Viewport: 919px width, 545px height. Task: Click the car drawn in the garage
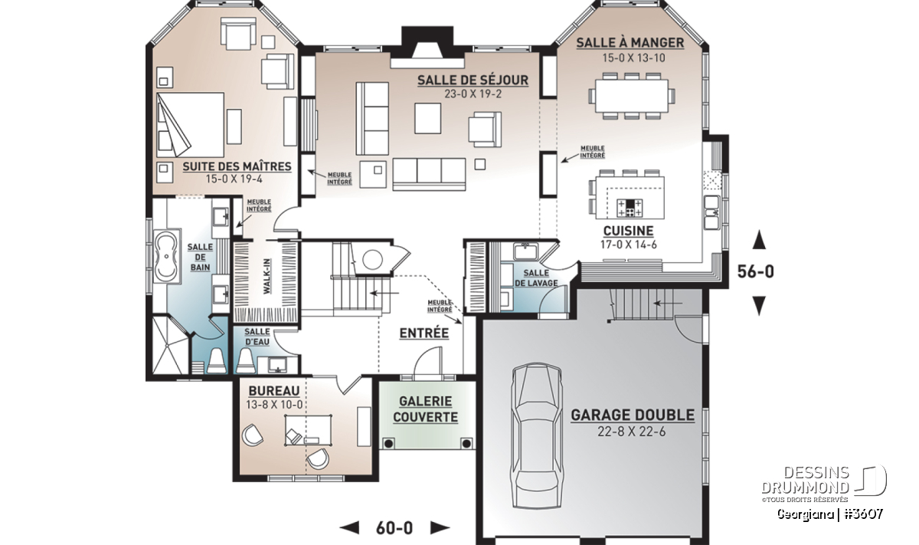(536, 436)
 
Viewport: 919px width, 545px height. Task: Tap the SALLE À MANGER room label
(630, 43)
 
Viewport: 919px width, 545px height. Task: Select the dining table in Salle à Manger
(633, 96)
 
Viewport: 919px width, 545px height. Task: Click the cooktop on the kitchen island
(630, 208)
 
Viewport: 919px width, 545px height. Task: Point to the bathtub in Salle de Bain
(167, 257)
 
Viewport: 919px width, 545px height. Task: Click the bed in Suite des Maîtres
(190, 124)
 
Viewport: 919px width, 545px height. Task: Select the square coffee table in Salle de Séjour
(427, 118)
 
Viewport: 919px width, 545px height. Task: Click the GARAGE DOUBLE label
(633, 415)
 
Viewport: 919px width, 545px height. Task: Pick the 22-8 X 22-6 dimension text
(631, 432)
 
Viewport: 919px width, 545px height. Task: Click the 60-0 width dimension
(394, 528)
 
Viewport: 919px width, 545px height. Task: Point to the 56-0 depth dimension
(755, 271)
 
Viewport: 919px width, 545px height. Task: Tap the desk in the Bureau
(308, 430)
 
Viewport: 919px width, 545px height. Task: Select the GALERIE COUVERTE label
(425, 409)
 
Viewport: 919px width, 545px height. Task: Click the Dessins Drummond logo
(824, 484)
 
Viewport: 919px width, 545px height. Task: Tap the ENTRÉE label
(424, 333)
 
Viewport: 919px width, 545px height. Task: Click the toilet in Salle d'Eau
(245, 361)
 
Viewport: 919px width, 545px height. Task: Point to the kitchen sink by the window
(711, 212)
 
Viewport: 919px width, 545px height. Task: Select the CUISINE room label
(628, 231)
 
